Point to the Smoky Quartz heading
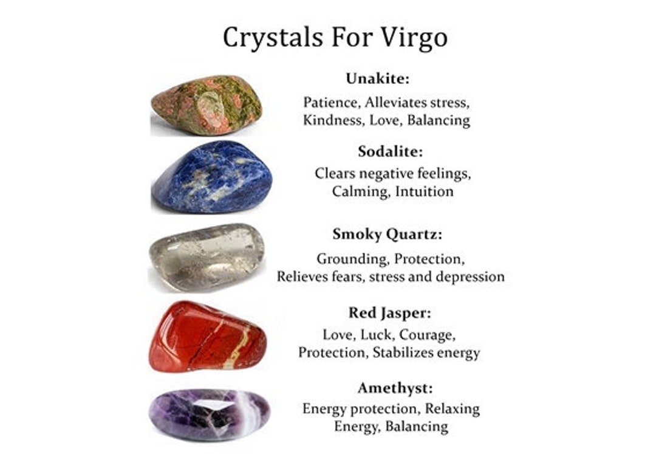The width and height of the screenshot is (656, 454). pyautogui.click(x=387, y=234)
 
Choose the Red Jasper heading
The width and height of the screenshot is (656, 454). pyautogui.click(x=389, y=313)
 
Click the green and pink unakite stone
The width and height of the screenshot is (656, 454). pyautogui.click(x=207, y=105)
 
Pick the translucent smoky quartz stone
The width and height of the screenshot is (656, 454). pyautogui.click(x=207, y=256)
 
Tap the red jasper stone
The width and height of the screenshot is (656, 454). pyautogui.click(x=208, y=335)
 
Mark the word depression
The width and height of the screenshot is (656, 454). pyautogui.click(x=470, y=277)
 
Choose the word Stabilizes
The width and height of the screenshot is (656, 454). pyautogui.click(x=408, y=353)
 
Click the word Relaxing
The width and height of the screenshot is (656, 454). pyautogui.click(x=452, y=408)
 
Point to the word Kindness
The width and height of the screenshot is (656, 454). pyautogui.click(x=332, y=120)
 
